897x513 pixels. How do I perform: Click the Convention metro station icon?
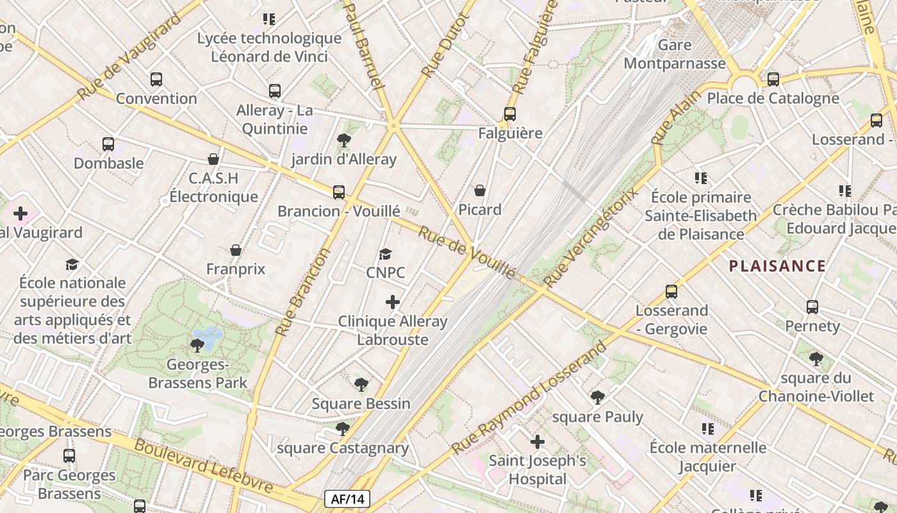(x=156, y=80)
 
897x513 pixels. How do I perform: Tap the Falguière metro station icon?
(x=510, y=114)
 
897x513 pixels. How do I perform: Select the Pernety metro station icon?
(x=812, y=307)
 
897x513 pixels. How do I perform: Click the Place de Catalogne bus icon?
(x=773, y=80)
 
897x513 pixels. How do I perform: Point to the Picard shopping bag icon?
(x=480, y=190)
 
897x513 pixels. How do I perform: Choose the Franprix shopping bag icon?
(x=236, y=250)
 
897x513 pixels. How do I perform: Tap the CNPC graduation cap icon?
(x=385, y=255)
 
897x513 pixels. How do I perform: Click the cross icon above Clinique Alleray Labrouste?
(x=393, y=302)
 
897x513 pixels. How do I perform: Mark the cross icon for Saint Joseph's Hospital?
(x=538, y=442)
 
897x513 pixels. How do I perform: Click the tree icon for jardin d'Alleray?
(x=344, y=140)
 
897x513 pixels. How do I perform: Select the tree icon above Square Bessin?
(x=361, y=385)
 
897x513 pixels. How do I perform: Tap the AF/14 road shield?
(x=347, y=499)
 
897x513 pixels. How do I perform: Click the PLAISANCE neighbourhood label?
(x=777, y=266)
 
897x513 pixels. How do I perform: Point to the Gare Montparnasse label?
(x=675, y=54)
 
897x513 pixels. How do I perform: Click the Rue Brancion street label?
(x=302, y=292)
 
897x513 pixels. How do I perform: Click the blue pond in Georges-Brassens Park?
(x=208, y=335)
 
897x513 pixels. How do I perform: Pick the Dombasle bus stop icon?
(x=108, y=144)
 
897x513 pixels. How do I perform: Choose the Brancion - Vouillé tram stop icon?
(x=338, y=192)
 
